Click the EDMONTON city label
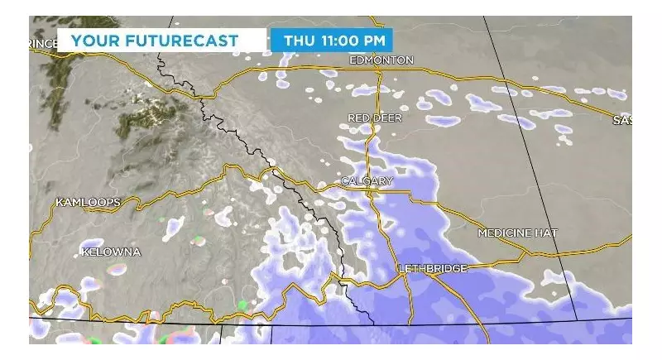[381, 60]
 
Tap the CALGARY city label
[367, 180]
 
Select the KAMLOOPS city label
[88, 202]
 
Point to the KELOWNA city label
[111, 251]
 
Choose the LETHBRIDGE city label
[432, 268]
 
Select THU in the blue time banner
[298, 40]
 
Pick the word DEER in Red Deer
[389, 118]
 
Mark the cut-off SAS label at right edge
[622, 120]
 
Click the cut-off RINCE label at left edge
[43, 43]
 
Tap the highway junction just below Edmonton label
[377, 73]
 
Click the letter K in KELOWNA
[85, 251]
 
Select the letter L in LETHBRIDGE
[401, 268]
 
